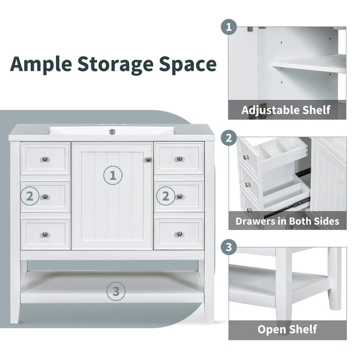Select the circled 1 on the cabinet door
click(113, 175)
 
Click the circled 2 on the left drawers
click(30, 196)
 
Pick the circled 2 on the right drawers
click(166, 196)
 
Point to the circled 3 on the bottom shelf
click(116, 292)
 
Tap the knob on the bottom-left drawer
click(46, 235)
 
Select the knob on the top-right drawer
click(179, 159)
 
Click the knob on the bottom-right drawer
click(179, 235)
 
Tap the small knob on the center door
click(149, 160)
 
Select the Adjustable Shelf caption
click(286, 110)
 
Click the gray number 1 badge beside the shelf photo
click(228, 27)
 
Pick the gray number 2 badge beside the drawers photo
click(228, 138)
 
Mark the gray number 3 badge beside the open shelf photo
click(228, 247)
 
